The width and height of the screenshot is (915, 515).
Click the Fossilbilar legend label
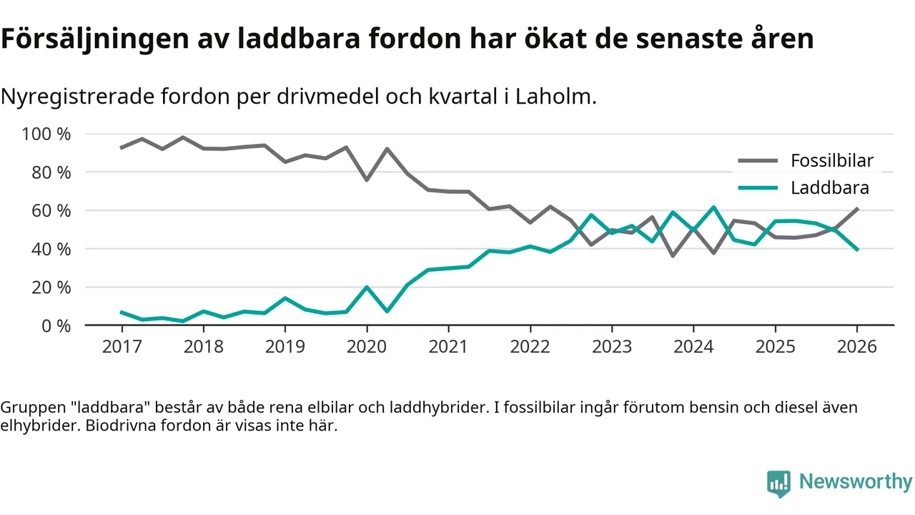point(831,160)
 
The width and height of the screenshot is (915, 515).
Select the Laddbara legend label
point(829,188)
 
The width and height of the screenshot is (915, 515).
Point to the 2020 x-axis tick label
point(367,347)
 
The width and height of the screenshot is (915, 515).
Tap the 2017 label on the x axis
point(122,347)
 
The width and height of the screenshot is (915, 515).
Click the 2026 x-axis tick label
point(857,347)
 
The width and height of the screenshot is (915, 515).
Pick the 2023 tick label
point(612,347)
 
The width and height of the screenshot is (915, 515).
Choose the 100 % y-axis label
point(47,134)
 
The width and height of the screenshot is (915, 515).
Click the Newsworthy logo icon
point(778,484)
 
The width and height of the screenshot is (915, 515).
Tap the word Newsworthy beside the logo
point(855,482)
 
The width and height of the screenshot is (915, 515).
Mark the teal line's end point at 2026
point(857,249)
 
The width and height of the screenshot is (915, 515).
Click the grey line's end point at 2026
point(857,209)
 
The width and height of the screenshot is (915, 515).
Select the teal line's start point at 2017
point(122,312)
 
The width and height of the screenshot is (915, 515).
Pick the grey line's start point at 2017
point(122,147)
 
